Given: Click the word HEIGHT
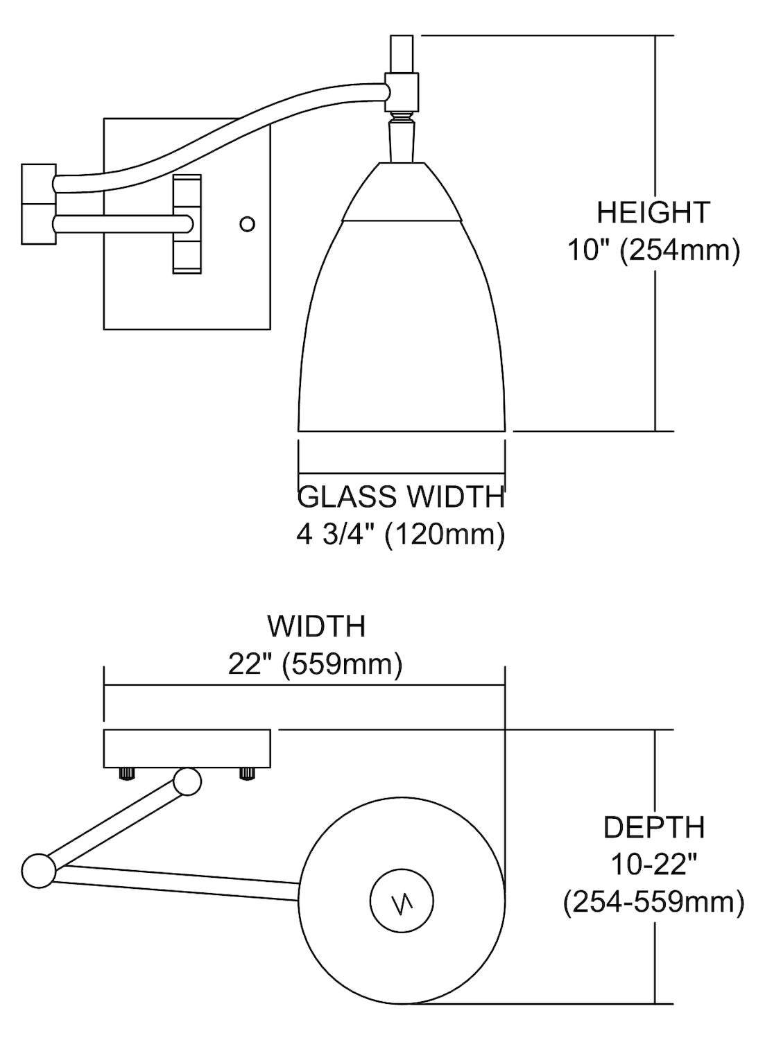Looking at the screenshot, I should coord(653,213).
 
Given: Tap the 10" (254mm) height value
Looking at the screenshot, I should coord(653,250).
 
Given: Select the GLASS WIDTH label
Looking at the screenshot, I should coord(401,497).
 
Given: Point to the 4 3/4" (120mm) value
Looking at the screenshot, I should coord(401,535).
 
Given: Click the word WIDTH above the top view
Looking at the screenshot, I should coord(316,626).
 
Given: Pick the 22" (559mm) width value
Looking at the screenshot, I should coord(316,664).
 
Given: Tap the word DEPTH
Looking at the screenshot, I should coord(653,827).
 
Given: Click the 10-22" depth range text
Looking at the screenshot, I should coord(653,865).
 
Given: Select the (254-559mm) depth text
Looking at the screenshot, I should coord(653,902).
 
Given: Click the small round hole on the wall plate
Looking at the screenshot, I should coord(247,224).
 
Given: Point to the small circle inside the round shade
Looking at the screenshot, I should coord(402,902).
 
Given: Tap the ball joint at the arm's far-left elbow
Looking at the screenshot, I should coord(38,870).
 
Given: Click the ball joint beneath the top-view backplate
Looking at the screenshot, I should coord(187,781).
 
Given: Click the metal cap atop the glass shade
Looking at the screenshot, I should coord(402,193).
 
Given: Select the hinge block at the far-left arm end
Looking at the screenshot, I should coord(38,204).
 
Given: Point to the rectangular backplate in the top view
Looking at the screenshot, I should coord(187,748).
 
